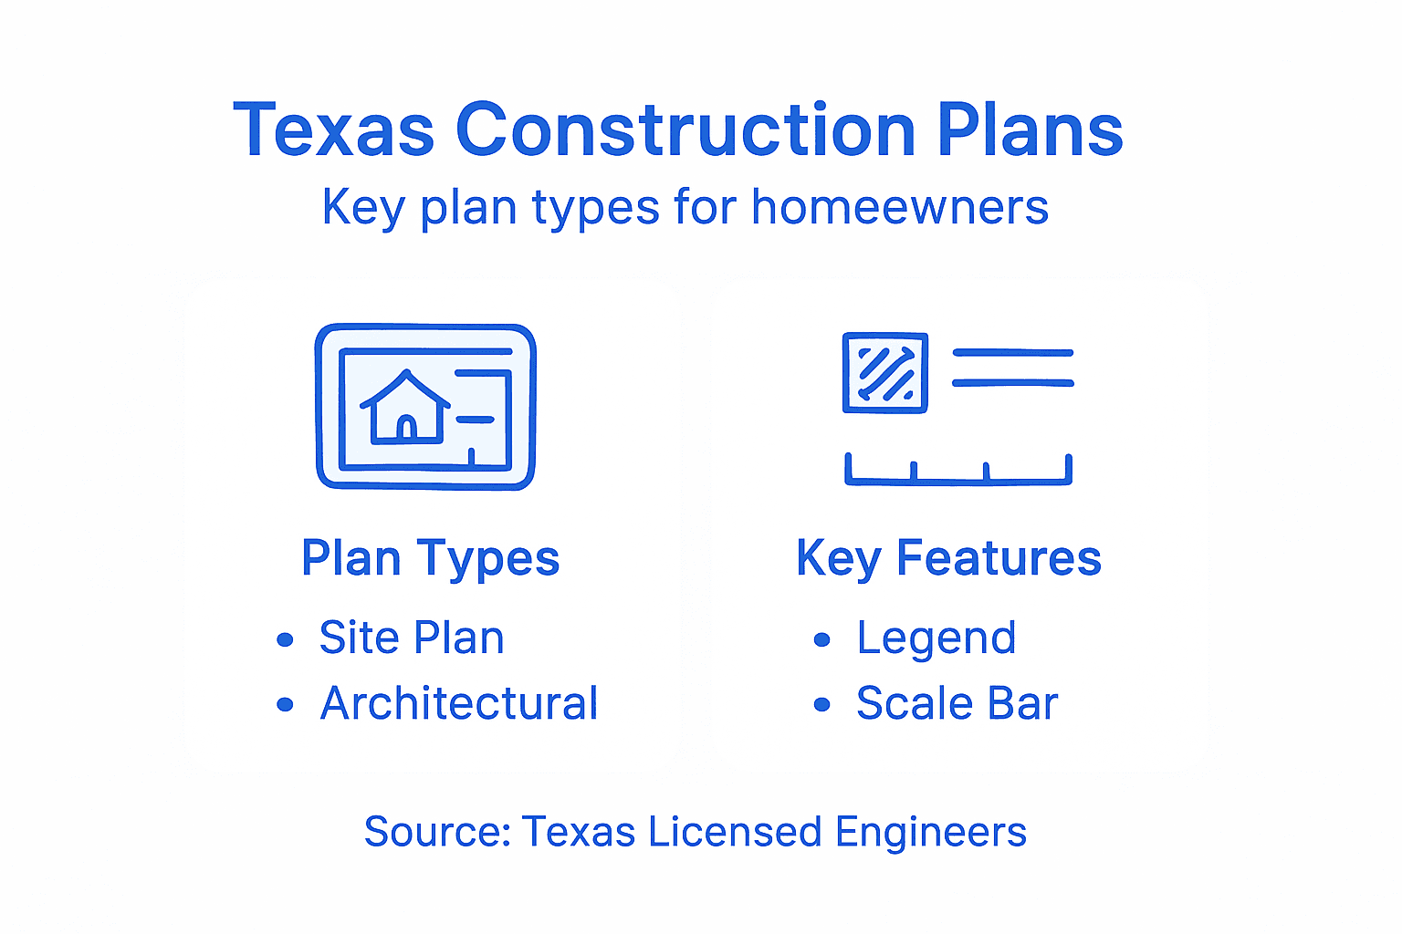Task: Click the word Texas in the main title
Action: pyautogui.click(x=334, y=130)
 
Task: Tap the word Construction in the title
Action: pyautogui.click(x=685, y=130)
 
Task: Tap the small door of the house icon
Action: pyautogui.click(x=406, y=426)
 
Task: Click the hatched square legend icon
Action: pyautogui.click(x=884, y=372)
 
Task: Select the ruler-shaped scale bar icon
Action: pyautogui.click(x=958, y=470)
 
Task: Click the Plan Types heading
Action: pyautogui.click(x=430, y=558)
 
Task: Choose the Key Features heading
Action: pyautogui.click(x=948, y=558)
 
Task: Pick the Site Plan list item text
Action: pyautogui.click(x=412, y=638)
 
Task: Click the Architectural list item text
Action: pyautogui.click(x=459, y=703)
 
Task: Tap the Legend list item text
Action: pyautogui.click(x=936, y=638)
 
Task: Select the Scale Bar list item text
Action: pyautogui.click(x=957, y=703)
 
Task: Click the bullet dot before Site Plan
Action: pyautogui.click(x=285, y=639)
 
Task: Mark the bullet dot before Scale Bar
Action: pyautogui.click(x=822, y=704)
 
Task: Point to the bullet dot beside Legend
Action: pyautogui.click(x=822, y=639)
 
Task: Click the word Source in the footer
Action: pyautogui.click(x=436, y=832)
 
